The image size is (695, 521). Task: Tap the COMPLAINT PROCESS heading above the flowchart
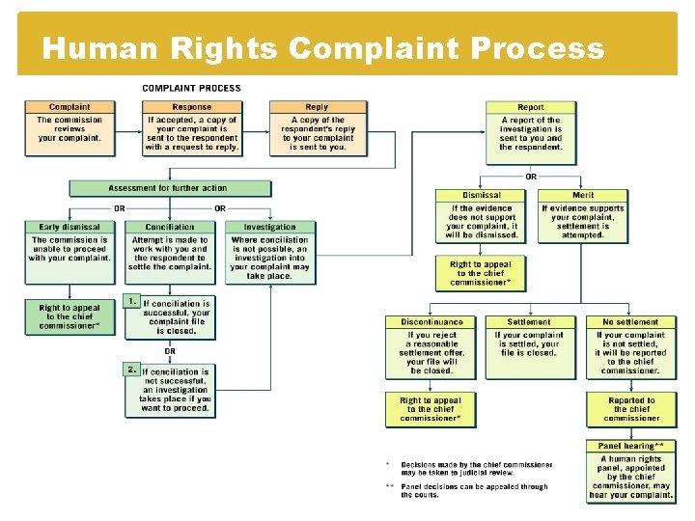pos(192,89)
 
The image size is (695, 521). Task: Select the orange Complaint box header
pos(69,107)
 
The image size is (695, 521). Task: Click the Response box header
pos(192,107)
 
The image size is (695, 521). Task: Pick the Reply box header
pos(317,107)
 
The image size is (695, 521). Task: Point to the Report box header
pos(531,107)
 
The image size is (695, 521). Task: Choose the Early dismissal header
pos(69,228)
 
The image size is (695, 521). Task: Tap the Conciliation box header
pos(170,228)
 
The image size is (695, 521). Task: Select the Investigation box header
pos(270,228)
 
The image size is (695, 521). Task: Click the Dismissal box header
pos(481,195)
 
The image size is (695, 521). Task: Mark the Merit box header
pos(583,195)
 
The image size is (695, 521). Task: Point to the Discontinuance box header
pos(431,322)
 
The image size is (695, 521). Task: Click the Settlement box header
pos(529,322)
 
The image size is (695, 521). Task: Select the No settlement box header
pos(630,322)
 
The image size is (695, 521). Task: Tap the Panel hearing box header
pos(631,446)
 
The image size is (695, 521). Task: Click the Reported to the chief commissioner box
pos(631,409)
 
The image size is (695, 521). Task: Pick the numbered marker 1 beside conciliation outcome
pos(132,301)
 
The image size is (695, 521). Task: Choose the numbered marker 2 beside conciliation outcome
pos(132,369)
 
